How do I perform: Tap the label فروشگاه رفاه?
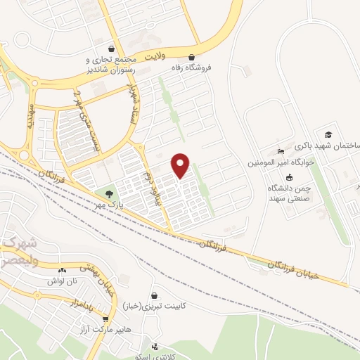click(x=192, y=68)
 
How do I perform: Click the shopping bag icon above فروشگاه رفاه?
click(x=192, y=58)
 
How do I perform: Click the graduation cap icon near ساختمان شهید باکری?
click(x=328, y=134)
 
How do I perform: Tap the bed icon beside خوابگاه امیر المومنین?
click(x=281, y=151)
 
